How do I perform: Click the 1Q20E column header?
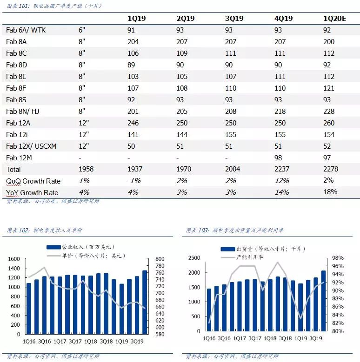coord(334,19)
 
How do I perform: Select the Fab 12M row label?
coord(19,158)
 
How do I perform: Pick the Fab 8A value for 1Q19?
coord(133,42)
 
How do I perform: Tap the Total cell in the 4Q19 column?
coord(282,169)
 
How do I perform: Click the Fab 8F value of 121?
coord(329,88)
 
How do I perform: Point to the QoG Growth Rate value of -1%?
coord(134,181)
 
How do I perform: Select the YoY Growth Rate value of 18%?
coord(330,192)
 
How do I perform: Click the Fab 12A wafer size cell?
coord(84,123)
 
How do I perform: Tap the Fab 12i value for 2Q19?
coord(182,135)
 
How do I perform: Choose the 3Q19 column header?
coord(234,19)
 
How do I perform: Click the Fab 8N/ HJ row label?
coord(23,112)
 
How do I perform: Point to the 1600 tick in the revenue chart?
coord(14,259)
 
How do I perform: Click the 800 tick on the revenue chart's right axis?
coord(160,259)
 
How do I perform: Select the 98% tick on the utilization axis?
coord(338,258)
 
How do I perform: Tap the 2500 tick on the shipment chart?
coord(194,258)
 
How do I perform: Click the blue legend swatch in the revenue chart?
coord(53,247)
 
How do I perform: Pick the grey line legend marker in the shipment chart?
coord(228,257)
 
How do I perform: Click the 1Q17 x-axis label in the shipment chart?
coord(240,338)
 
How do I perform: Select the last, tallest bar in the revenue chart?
coord(145,302)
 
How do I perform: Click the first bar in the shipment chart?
coord(209,310)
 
